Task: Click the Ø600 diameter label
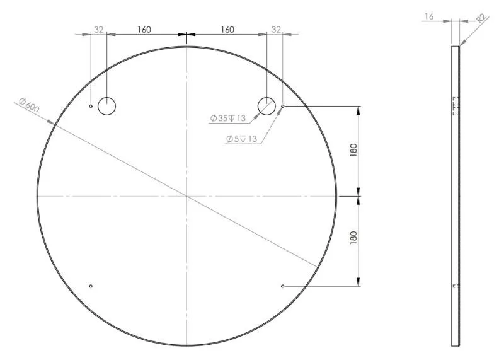[29, 105]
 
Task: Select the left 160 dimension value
[144, 30]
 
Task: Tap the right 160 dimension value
[227, 30]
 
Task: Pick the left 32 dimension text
[99, 30]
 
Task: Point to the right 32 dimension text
[276, 30]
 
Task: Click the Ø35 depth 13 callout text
[228, 119]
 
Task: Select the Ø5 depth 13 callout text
[242, 139]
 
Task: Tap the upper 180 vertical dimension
[353, 150]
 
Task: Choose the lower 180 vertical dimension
[353, 238]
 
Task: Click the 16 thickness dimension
[429, 16]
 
